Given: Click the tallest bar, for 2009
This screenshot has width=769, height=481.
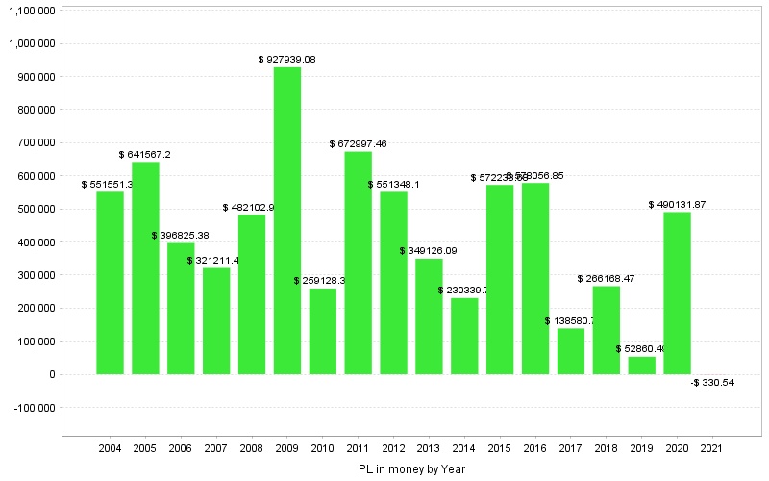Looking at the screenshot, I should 287,220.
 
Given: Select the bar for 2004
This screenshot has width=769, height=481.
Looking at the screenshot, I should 110,283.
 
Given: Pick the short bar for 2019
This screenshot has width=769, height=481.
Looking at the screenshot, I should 642,366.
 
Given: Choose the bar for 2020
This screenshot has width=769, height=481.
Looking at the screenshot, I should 678,292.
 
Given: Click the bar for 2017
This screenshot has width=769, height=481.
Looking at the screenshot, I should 571,351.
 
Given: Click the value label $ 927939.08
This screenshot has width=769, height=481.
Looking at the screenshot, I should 287,60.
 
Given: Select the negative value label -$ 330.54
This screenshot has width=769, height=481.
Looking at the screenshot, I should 713,383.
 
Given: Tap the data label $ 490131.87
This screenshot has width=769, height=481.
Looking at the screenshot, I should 678,204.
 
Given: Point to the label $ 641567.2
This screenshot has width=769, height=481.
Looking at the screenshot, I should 145,154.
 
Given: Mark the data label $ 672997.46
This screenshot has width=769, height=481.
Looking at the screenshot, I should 359,144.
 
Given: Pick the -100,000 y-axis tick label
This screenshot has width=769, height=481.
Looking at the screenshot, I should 34,408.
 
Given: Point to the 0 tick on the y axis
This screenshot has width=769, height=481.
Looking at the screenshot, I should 51,375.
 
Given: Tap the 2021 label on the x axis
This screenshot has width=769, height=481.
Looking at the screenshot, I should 713,448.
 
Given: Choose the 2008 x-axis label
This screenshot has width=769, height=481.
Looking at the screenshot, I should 252,448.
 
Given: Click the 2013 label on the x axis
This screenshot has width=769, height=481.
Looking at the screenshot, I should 430,448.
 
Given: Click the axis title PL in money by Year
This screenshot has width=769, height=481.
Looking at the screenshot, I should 410,468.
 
